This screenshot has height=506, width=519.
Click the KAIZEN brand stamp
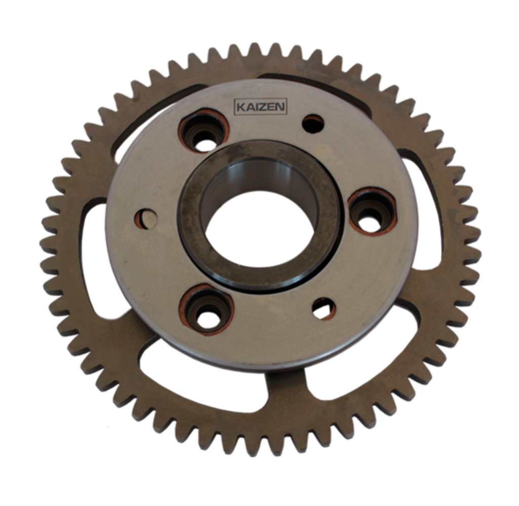tap(261, 107)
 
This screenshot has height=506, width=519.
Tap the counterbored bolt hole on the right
tap(373, 211)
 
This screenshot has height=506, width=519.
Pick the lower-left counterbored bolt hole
tap(207, 310)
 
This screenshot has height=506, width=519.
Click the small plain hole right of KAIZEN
tap(313, 124)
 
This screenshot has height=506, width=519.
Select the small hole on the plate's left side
tap(146, 219)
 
